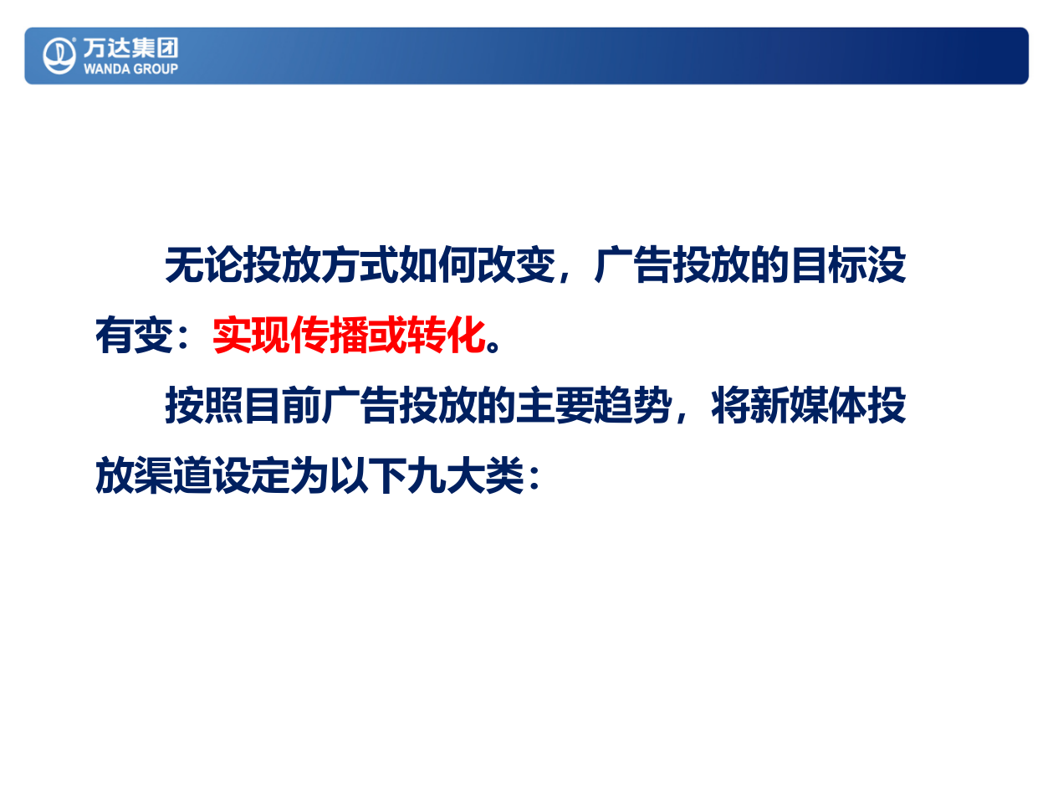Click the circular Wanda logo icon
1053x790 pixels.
click(x=59, y=55)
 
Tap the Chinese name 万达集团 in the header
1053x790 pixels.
click(x=130, y=48)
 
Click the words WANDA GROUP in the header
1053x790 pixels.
click(x=130, y=69)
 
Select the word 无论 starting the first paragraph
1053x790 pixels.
click(x=203, y=266)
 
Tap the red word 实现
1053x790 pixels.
click(x=251, y=336)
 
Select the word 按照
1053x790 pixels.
click(x=203, y=407)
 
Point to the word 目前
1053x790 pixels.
click(x=282, y=407)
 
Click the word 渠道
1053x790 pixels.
click(x=173, y=477)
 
